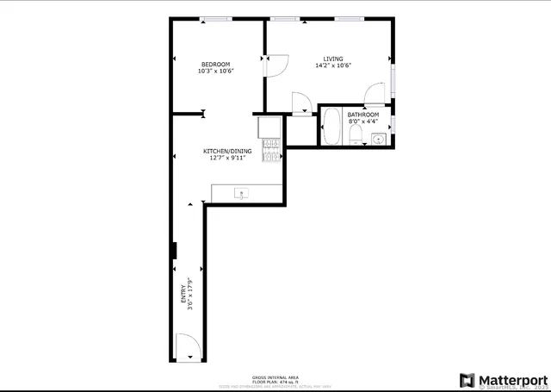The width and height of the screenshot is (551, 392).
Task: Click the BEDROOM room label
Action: [215, 65]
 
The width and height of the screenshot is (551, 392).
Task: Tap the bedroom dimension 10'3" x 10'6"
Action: [215, 72]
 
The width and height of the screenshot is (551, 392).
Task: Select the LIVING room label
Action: [333, 59]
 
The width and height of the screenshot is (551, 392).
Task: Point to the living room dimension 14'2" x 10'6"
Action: [333, 65]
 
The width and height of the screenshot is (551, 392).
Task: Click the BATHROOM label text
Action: [362, 115]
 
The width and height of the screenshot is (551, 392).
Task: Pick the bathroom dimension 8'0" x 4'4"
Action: [362, 121]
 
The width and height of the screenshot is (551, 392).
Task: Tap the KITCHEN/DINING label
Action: [225, 152]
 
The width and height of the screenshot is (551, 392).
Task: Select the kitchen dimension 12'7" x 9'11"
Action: [225, 159]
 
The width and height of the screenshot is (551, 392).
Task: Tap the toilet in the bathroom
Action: [356, 139]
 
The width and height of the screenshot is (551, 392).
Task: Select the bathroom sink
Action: [376, 138]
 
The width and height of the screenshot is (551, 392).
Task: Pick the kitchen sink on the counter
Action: [243, 193]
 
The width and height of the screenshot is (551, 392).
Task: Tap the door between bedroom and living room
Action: [276, 65]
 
